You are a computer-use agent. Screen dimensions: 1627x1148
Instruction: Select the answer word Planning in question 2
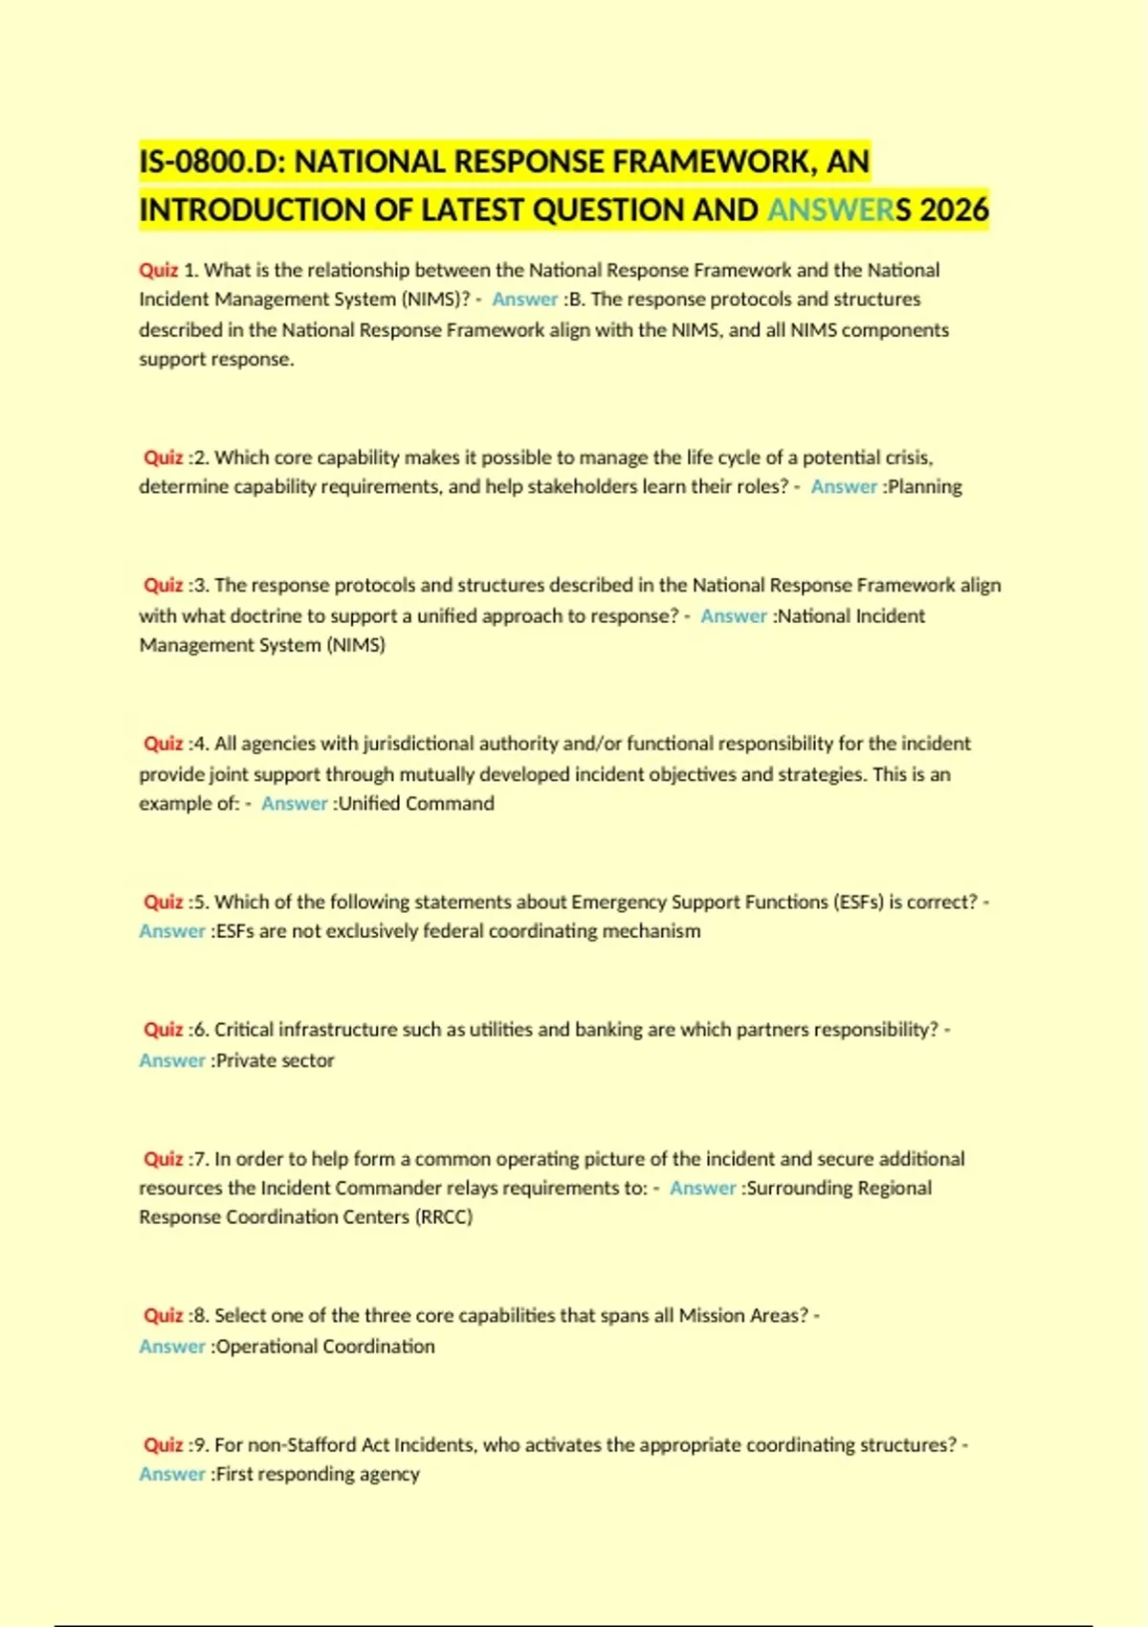[924, 486]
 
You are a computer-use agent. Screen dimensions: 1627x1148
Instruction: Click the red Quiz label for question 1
[159, 270]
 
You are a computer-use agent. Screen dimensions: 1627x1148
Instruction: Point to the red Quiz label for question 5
[163, 902]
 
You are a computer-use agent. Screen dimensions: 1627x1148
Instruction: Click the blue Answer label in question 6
[172, 1060]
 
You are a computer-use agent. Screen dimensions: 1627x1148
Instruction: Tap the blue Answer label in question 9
[172, 1474]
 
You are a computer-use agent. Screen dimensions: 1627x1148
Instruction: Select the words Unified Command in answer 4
[416, 803]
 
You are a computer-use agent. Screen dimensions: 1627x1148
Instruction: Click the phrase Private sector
[275, 1060]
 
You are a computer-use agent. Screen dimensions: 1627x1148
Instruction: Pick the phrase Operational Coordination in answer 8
[325, 1347]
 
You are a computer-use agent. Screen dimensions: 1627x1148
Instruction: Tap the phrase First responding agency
[318, 1474]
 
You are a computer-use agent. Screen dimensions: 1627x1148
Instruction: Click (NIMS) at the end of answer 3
[356, 645]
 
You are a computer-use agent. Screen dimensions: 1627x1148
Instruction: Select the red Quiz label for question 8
[163, 1316]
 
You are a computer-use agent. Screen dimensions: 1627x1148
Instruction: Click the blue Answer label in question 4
[295, 803]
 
